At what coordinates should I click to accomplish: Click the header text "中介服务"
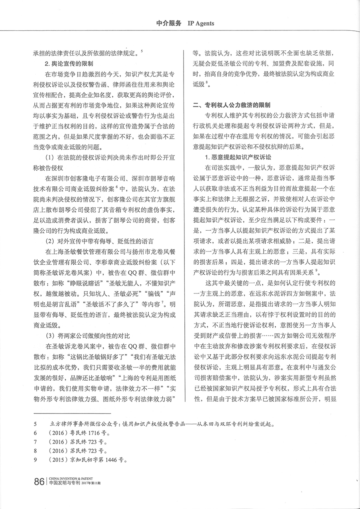click(169, 23)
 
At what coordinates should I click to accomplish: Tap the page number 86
click(39, 482)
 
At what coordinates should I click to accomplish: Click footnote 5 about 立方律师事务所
click(160, 423)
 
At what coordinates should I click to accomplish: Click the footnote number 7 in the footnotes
click(36, 441)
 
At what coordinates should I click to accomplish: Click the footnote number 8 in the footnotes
click(36, 451)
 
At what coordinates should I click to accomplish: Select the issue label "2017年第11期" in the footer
click(94, 484)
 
